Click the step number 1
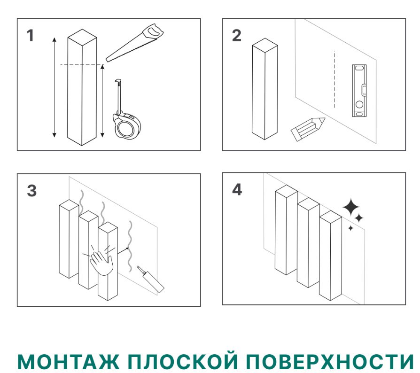(31, 36)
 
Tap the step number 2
(236, 36)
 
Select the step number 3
(31, 191)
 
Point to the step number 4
(237, 190)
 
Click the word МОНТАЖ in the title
(68, 361)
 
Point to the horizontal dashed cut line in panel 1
(82, 64)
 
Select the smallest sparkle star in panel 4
(350, 228)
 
